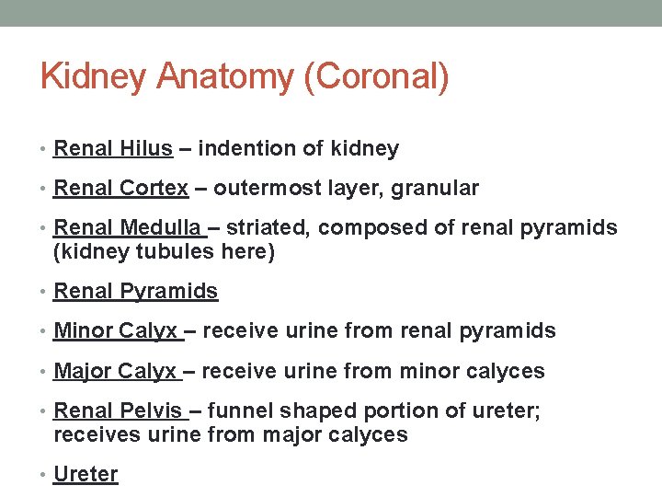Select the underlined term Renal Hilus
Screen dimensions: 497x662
pos(113,148)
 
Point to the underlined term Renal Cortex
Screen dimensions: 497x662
pos(120,189)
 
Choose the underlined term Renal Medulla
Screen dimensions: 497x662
pos(127,227)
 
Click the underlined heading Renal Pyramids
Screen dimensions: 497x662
pos(136,292)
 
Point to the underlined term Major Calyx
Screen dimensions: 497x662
pos(115,371)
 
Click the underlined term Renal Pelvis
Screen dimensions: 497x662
pos(118,410)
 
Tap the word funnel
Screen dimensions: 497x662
pos(234,410)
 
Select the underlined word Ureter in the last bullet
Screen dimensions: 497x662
pos(86,474)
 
